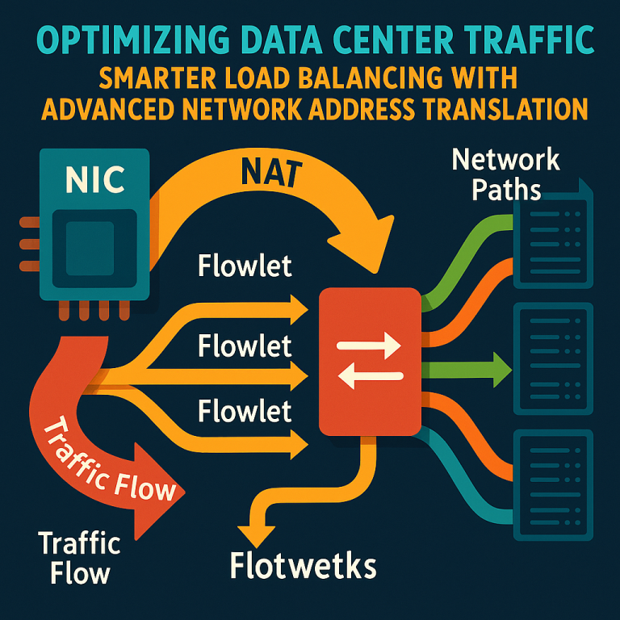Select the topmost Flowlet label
pyautogui.click(x=244, y=267)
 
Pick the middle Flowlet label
pyautogui.click(x=244, y=347)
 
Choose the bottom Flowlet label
pyautogui.click(x=244, y=412)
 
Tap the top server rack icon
pyautogui.click(x=553, y=235)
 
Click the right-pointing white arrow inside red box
pyautogui.click(x=370, y=347)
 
